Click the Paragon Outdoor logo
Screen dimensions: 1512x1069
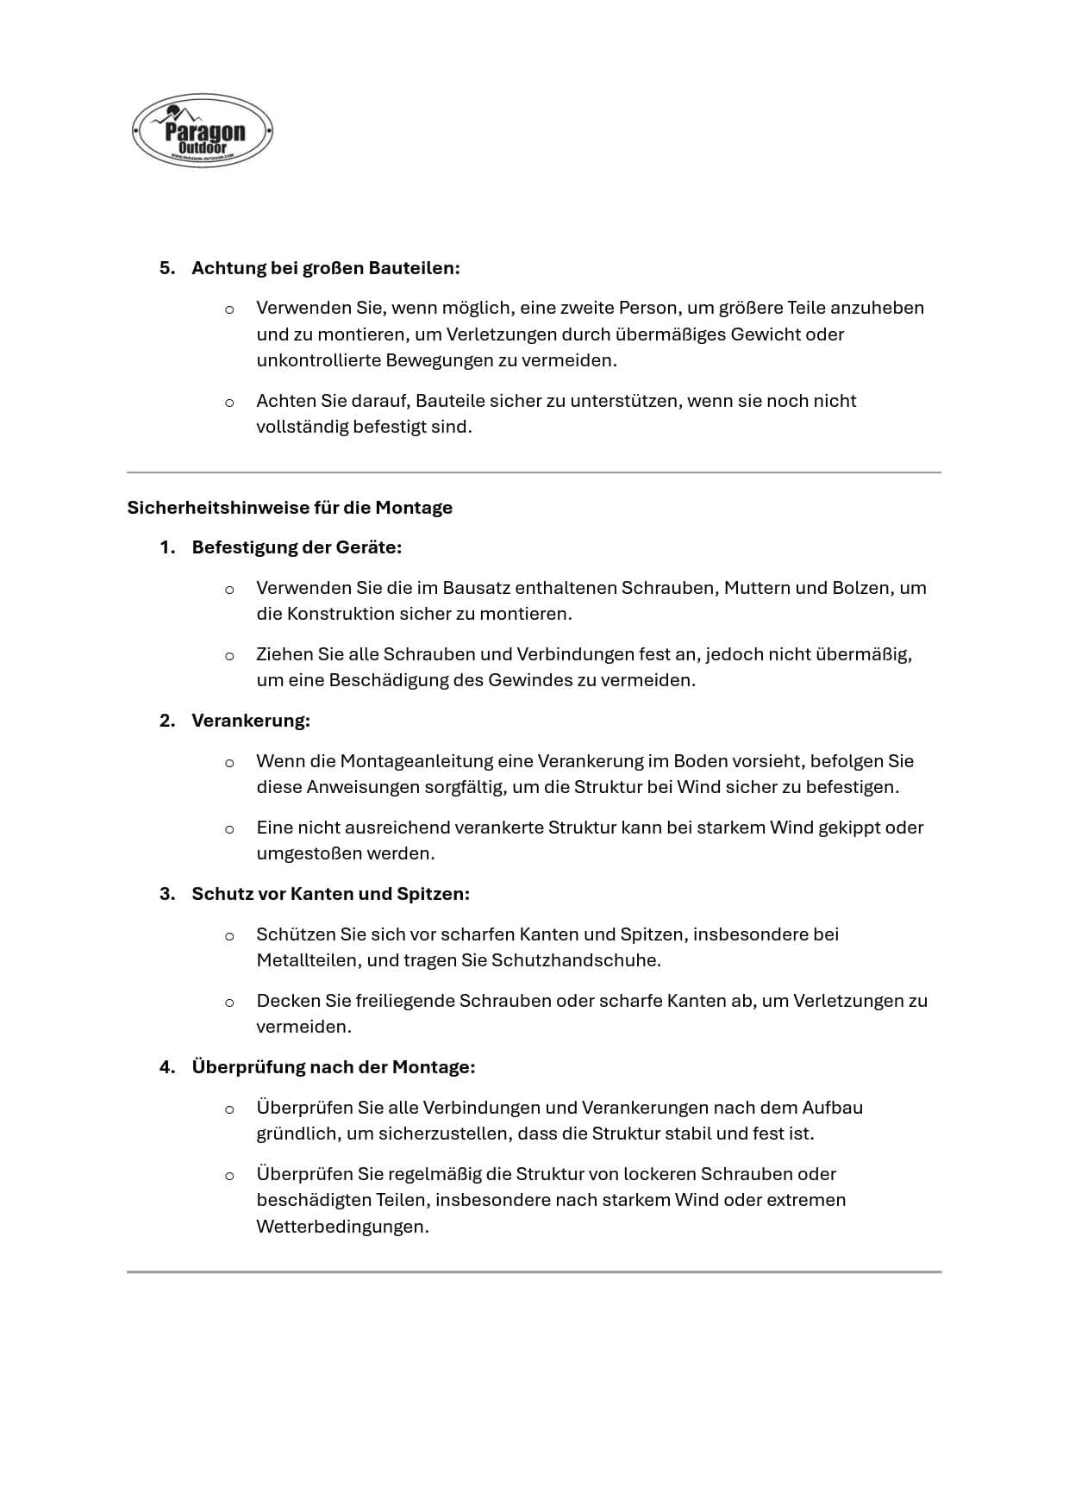(x=203, y=131)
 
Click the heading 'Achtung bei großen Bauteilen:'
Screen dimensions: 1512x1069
(x=325, y=268)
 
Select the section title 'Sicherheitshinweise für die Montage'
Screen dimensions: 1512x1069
(x=290, y=508)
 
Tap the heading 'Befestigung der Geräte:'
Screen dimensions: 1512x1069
(x=297, y=547)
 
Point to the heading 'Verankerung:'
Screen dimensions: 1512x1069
(x=250, y=721)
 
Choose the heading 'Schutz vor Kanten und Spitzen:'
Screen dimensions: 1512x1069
(x=330, y=894)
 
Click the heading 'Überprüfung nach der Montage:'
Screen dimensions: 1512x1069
(x=333, y=1067)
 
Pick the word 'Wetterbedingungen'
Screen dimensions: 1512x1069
(x=341, y=1227)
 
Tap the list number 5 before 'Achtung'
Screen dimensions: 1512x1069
(x=166, y=268)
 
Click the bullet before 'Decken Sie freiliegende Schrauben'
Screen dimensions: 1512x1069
(x=229, y=1003)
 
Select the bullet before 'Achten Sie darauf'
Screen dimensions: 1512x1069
(x=229, y=403)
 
